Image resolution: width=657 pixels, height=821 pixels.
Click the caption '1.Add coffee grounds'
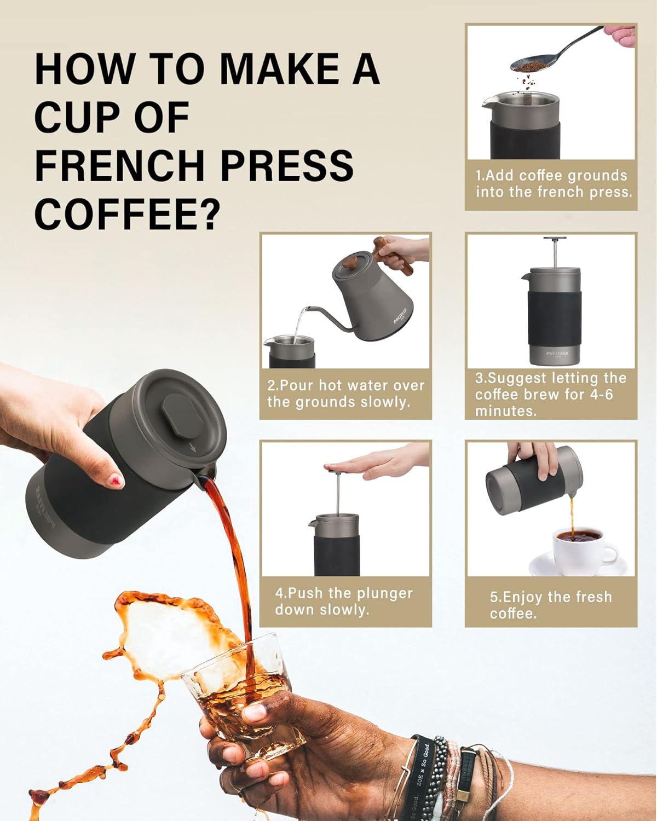coord(551,176)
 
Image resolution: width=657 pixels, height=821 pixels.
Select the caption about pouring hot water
coord(345,394)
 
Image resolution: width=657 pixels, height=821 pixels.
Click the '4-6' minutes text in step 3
coord(597,395)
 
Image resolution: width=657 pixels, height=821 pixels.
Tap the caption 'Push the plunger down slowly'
coord(344,602)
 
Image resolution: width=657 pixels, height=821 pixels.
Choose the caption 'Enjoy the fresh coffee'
coord(551,605)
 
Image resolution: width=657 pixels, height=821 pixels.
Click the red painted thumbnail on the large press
coord(116,481)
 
